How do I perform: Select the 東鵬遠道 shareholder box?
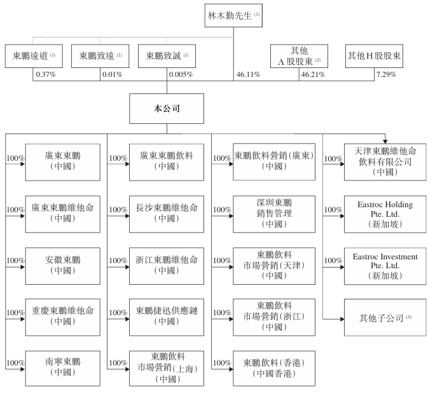34,56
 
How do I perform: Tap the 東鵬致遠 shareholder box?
100,56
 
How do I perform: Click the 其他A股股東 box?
299,56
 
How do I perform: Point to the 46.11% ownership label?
247,75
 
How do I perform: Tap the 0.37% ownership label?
46,75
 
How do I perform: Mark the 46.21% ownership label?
314,75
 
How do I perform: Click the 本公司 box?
167,109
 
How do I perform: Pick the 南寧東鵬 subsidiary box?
63,368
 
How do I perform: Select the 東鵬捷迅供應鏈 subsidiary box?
167,317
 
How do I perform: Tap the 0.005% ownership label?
180,75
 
